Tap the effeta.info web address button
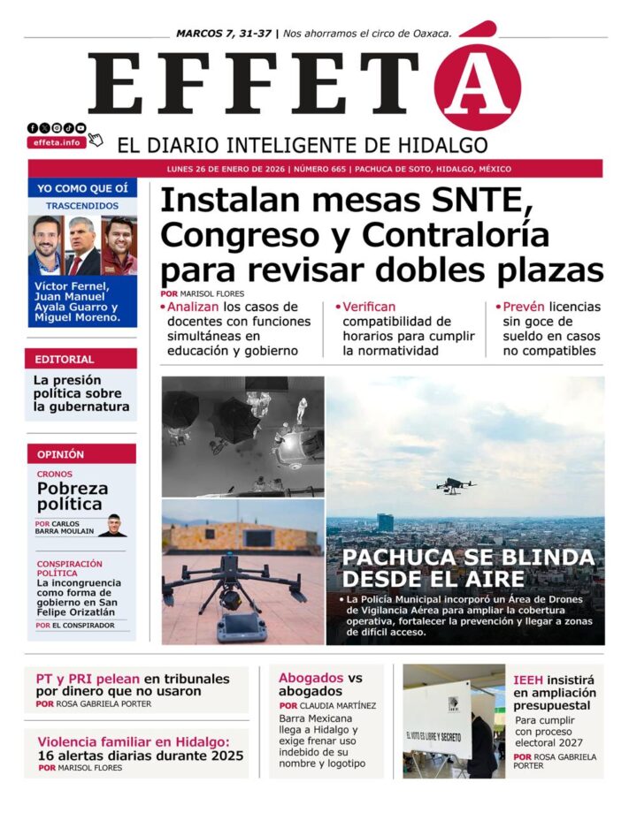coord(57,141)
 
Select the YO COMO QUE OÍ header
coord(82,187)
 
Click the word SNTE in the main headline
coord(475,201)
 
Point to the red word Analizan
coord(193,307)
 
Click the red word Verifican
coord(369,307)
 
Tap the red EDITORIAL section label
coord(64,360)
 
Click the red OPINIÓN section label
coord(61,454)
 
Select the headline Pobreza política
coord(73,496)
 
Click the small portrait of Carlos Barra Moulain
coord(112,525)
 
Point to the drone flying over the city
coord(456,485)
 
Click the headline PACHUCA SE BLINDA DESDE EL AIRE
coord(468,568)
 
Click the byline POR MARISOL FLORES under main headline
coord(203,293)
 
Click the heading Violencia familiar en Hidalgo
coord(134,742)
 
